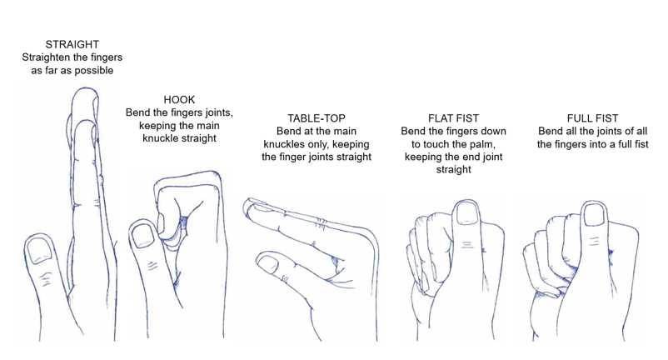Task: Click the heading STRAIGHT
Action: coord(72,44)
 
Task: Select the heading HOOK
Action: coord(179,100)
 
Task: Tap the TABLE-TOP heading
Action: coord(316,118)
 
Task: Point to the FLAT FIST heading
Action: coord(452,118)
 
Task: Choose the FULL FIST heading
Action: coord(591,118)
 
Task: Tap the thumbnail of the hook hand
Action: coord(143,236)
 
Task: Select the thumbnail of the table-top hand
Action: coord(268,265)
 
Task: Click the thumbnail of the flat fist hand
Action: coord(467,214)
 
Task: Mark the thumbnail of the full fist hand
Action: coord(595,217)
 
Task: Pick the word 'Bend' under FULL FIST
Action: coord(551,132)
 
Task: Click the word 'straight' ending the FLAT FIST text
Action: coord(453,169)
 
